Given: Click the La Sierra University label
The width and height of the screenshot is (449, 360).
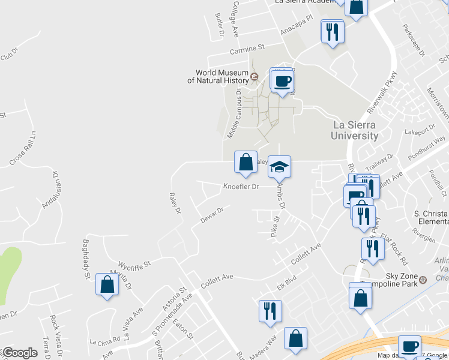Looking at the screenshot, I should pos(356,130).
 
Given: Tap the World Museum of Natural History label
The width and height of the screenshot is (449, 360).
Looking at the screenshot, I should pos(217,77).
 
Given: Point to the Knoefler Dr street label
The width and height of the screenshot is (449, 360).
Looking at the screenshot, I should pos(241,187).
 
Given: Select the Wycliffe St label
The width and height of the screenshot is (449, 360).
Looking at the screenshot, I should pos(134,263).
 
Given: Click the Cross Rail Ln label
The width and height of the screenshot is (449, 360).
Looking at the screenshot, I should pos(23,148).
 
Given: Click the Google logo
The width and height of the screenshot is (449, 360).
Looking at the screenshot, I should pos(19,353).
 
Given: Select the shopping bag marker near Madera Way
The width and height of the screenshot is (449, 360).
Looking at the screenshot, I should pos(295,339).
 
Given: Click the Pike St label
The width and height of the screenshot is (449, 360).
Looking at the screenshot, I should pos(276,226).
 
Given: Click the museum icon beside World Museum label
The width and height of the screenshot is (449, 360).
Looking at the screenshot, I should pos(254,77).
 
